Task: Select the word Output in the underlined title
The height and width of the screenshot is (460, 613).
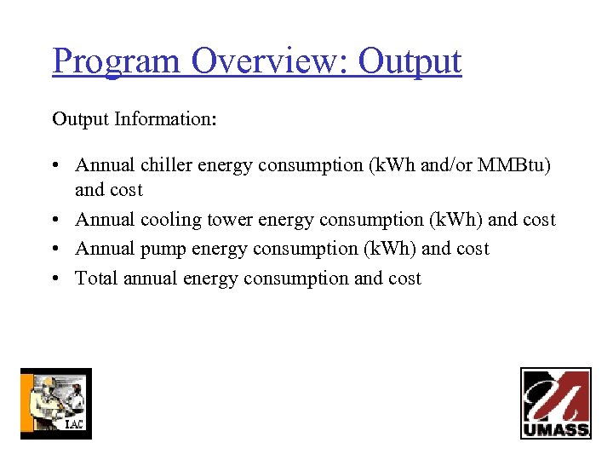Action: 410,61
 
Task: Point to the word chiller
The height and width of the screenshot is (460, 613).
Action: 167,165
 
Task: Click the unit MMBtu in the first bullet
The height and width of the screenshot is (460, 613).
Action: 514,165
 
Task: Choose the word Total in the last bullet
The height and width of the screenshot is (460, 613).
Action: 96,278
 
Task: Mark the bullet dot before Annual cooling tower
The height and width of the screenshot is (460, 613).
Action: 56,221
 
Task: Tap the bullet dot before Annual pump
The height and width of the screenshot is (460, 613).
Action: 56,250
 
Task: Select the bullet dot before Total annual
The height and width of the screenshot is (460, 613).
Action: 56,279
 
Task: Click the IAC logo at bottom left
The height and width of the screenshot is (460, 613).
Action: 56,403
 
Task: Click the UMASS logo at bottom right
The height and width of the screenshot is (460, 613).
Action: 555,403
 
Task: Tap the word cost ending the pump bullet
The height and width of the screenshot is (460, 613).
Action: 473,249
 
